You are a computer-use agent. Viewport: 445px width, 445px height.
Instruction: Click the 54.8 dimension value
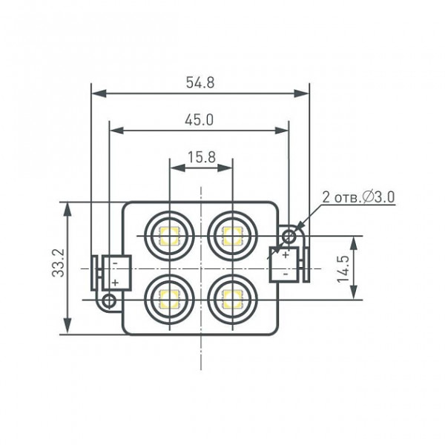(x=200, y=82)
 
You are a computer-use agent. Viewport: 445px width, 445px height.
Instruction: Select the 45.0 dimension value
(x=199, y=120)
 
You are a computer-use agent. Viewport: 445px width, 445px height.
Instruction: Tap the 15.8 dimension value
(x=202, y=157)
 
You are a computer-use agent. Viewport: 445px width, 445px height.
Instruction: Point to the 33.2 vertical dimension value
(x=59, y=263)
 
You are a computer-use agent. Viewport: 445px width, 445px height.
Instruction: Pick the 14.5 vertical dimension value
(x=343, y=269)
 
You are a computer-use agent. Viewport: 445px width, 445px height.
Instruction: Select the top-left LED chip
(x=169, y=236)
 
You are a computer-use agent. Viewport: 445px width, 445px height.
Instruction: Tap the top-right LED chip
(x=233, y=236)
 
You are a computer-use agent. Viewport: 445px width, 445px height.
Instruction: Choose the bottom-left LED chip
(x=169, y=300)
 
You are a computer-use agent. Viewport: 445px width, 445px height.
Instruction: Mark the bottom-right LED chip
(x=233, y=300)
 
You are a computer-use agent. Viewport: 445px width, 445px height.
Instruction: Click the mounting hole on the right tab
(x=289, y=236)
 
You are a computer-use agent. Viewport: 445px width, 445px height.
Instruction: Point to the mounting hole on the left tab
(x=109, y=300)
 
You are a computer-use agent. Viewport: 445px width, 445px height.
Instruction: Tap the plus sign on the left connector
(x=115, y=283)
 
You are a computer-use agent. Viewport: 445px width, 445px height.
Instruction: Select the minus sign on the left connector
(x=115, y=263)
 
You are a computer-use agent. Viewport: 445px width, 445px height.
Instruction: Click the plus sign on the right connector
(x=286, y=254)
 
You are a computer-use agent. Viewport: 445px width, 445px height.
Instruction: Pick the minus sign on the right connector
(x=286, y=274)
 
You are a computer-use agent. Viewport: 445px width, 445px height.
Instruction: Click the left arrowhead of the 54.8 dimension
(x=99, y=93)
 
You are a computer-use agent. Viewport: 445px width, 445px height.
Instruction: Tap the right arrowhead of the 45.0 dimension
(x=282, y=131)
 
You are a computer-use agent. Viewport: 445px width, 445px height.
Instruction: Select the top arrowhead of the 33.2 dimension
(x=67, y=209)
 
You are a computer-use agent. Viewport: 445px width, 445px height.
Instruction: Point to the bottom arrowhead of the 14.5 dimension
(x=354, y=292)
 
